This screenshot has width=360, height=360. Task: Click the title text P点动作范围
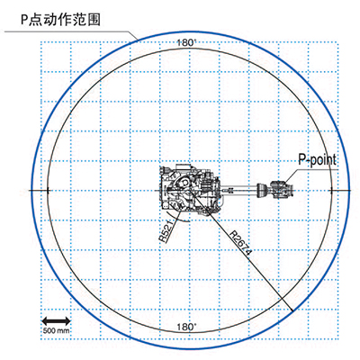click(x=60, y=20)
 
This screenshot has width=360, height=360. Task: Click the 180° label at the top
click(x=186, y=42)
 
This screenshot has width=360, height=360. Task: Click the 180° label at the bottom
click(x=186, y=327)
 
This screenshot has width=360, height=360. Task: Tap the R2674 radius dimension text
click(x=240, y=243)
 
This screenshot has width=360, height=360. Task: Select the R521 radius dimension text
click(x=166, y=232)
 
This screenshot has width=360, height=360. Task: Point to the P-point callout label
click(x=317, y=159)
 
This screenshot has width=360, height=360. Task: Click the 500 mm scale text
click(x=56, y=330)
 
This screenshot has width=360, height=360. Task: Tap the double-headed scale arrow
click(x=56, y=321)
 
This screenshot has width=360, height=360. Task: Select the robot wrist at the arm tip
click(x=281, y=190)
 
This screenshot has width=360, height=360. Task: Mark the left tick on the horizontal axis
click(x=48, y=191)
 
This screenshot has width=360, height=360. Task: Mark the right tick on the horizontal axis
click(x=331, y=191)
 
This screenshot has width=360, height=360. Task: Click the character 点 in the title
click(x=36, y=20)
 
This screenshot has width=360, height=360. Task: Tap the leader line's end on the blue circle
click(x=139, y=40)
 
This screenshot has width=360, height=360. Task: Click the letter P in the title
click(x=24, y=21)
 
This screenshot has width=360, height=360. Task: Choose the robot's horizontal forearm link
click(x=240, y=189)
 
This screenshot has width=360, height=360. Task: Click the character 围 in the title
click(x=94, y=20)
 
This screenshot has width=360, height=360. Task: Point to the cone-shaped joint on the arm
click(x=263, y=190)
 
